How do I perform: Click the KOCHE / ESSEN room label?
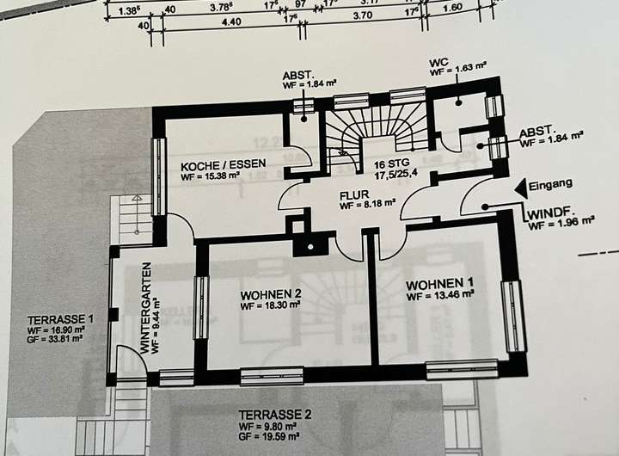coord(224,163)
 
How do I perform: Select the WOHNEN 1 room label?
coord(440,284)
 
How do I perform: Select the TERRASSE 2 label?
coord(274,414)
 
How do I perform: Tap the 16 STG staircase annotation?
coord(392,163)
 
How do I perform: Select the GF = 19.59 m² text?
coord(275,436)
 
